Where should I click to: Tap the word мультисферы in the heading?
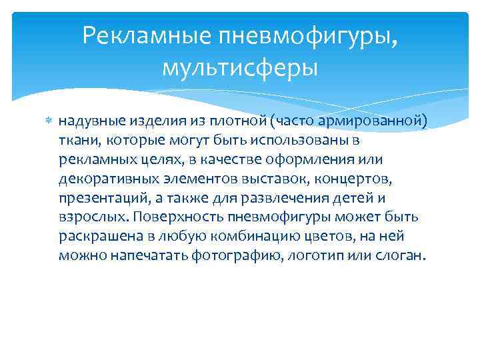pos(239,67)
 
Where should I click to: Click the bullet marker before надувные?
pos(47,121)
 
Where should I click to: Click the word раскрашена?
pos(95,237)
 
